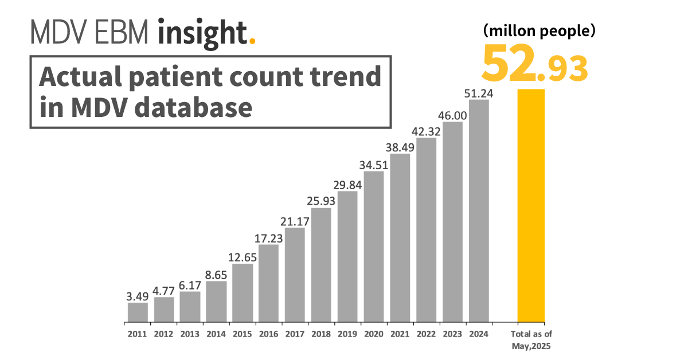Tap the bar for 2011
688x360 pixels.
pos(138,312)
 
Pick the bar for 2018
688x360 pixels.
pos(321,264)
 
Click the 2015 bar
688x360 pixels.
pos(243,292)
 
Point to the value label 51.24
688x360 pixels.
pos(479,93)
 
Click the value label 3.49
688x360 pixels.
pos(138,296)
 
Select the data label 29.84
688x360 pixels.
pos(347,185)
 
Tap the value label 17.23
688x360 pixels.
pos(269,238)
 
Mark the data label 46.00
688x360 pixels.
pos(453,115)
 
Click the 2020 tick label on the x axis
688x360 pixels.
pos(374,334)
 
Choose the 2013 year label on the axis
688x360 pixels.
pos(190,334)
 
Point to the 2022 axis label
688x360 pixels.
pos(426,334)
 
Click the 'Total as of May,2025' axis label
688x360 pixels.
pos(531,339)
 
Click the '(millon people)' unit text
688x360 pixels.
pos(539,31)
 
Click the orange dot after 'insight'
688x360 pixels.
pos(252,41)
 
